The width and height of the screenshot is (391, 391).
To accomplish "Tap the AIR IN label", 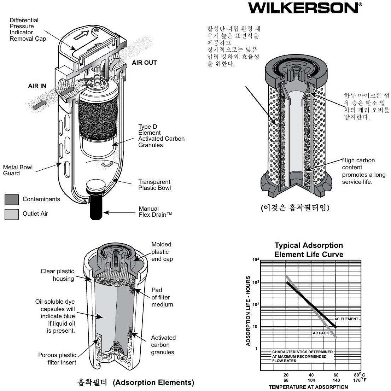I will point(37,86).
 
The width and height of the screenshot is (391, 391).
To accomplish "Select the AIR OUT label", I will point(144,63).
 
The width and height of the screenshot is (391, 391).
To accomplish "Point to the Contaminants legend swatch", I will point(11,199).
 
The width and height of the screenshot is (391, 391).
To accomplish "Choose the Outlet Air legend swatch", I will point(11,214).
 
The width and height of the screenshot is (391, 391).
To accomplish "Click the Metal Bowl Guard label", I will point(18,170).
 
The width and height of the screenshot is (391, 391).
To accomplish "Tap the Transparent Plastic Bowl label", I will point(154,185).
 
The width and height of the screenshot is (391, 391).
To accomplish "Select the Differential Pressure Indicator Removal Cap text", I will point(28,29).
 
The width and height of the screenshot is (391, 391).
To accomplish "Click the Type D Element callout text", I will point(161,136).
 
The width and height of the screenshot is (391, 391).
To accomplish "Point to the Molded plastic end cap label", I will point(162,252).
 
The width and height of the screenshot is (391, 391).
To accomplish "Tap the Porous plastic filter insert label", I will point(57,359).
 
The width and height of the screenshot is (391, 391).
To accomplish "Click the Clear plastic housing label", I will point(57,275).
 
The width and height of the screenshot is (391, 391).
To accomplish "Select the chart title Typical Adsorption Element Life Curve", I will point(309,250).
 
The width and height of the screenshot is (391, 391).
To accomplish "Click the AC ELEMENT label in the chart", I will point(346,319).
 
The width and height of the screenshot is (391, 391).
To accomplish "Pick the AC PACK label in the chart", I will point(321,333).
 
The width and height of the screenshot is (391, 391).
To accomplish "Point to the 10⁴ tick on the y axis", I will point(256,260).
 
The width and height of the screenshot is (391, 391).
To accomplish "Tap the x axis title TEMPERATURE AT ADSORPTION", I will point(308,387).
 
